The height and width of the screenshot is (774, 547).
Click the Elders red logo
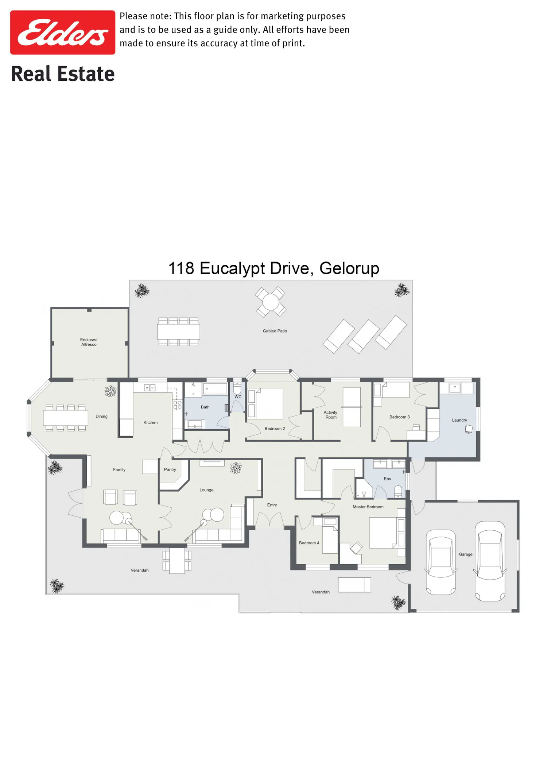[63, 32]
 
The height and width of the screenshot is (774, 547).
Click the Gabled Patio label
[275, 331]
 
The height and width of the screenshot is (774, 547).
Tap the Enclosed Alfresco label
[89, 342]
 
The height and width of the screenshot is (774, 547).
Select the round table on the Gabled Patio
[271, 302]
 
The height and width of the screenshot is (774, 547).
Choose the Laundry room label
[459, 420]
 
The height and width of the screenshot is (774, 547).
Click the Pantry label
[170, 469]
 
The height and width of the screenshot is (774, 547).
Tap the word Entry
[272, 505]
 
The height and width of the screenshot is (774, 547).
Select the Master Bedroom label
[368, 507]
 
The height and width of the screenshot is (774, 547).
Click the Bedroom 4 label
[309, 543]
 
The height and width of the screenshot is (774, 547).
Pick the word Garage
[466, 554]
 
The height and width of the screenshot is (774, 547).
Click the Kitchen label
[151, 422]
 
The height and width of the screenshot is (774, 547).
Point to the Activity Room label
[331, 415]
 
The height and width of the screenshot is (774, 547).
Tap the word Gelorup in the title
[349, 269]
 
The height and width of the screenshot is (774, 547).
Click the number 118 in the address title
[181, 268]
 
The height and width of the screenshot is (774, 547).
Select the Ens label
[387, 479]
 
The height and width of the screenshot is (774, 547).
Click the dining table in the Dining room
[66, 418]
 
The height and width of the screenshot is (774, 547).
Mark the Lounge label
[206, 490]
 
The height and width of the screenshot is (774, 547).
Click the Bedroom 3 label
[400, 417]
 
